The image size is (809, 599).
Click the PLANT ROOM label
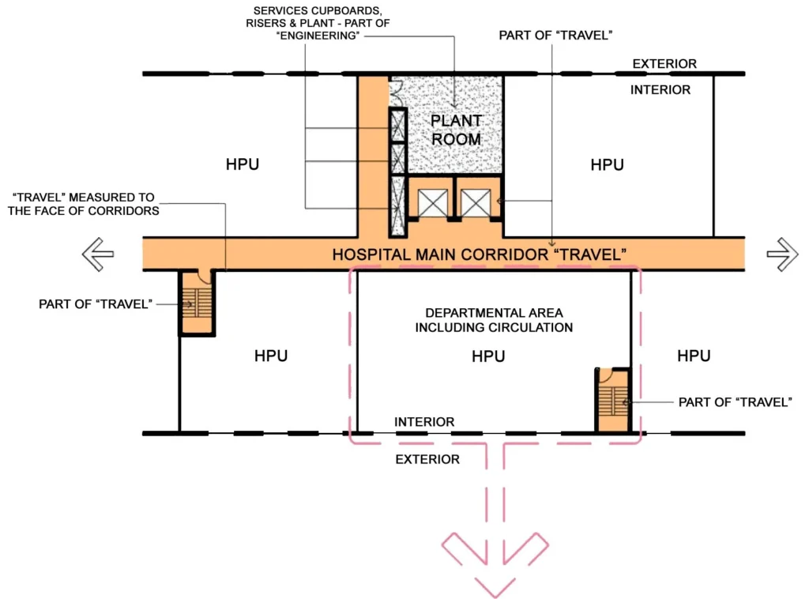[x=456, y=130]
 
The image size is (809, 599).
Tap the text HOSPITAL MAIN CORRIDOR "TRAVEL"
[x=479, y=254]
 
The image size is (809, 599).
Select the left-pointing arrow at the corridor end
[x=97, y=254]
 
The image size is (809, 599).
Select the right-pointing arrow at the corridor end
[x=782, y=254]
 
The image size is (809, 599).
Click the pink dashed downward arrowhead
[x=495, y=564]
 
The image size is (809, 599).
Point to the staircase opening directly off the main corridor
[x=197, y=303]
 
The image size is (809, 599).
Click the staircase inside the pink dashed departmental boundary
[x=613, y=400]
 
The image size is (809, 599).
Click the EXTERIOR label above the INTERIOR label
[x=664, y=63]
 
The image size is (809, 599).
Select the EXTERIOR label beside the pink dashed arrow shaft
[x=427, y=459]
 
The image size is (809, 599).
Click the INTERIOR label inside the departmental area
[x=424, y=421]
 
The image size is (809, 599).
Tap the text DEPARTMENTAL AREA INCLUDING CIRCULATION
[x=494, y=320]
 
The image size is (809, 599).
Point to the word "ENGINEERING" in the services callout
[x=318, y=36]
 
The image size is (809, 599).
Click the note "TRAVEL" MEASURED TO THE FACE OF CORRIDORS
[x=83, y=204]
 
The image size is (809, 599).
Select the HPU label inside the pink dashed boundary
[x=488, y=356]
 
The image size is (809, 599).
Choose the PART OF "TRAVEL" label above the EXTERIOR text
[x=555, y=35]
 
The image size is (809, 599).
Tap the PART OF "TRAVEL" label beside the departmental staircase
[x=735, y=402]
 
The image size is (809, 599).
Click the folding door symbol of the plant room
[x=397, y=93]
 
